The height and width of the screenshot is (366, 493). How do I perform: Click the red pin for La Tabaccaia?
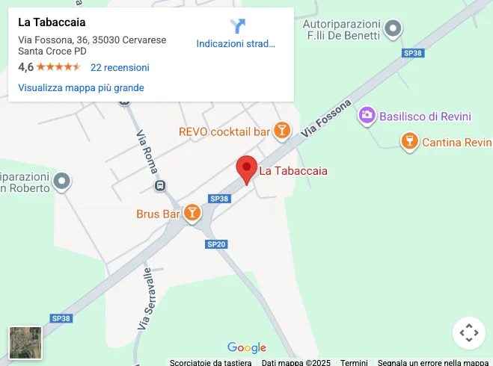click(247, 169)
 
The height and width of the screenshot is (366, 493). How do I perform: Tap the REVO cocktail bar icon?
click(281, 131)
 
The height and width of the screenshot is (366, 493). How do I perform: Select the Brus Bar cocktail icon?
click(192, 214)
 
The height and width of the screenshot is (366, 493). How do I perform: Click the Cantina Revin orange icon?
click(409, 141)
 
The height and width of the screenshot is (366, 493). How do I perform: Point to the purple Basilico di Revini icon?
click(367, 116)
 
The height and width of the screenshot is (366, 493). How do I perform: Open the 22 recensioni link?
click(120, 67)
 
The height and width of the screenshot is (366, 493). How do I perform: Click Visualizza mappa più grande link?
click(81, 87)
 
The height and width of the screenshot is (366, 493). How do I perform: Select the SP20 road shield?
click(216, 244)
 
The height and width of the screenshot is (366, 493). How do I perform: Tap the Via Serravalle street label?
click(145, 299)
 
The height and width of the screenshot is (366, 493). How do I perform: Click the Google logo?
click(247, 347)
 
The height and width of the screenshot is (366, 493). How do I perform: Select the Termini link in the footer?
click(354, 362)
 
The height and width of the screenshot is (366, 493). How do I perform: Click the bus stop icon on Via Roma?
click(159, 185)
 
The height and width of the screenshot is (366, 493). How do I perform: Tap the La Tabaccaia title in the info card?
click(52, 22)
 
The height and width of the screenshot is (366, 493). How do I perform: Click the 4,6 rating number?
click(25, 67)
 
